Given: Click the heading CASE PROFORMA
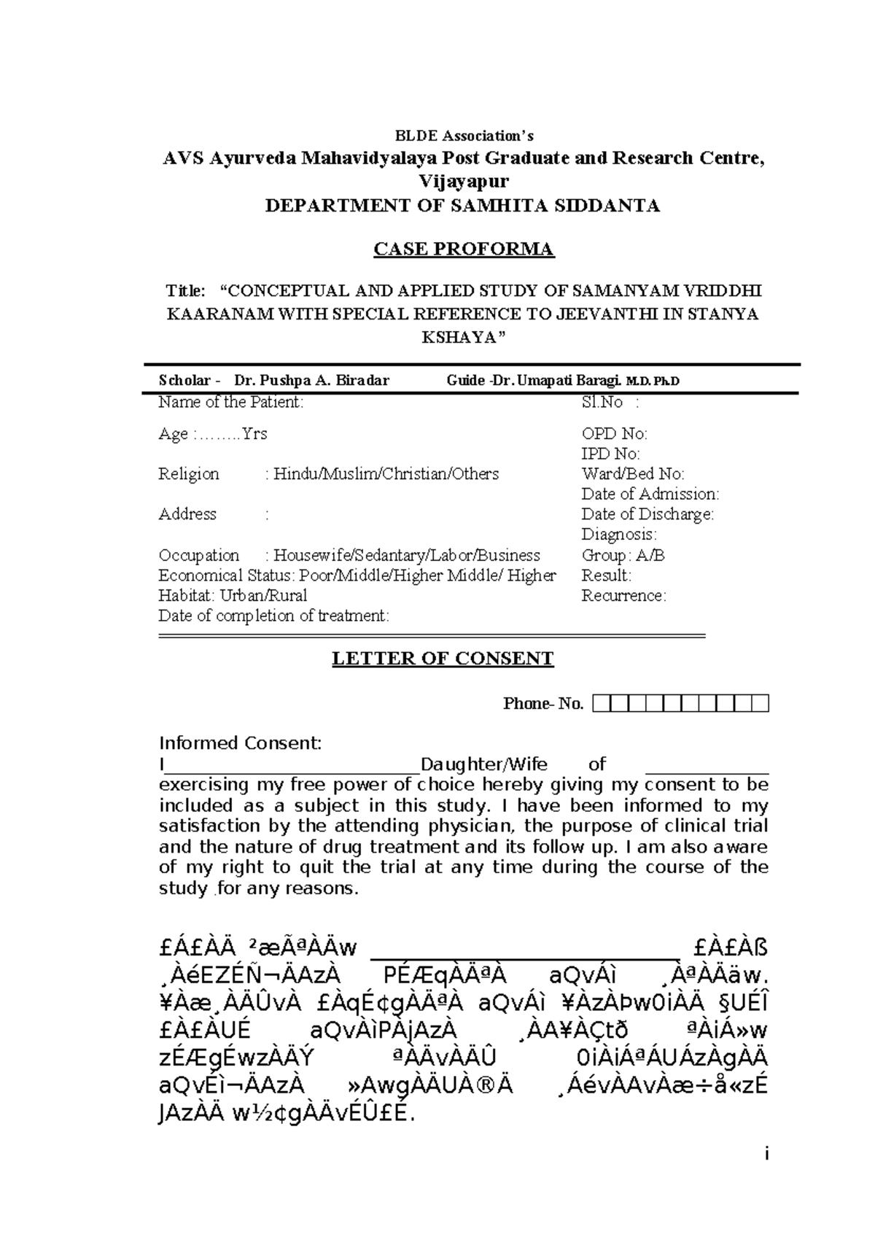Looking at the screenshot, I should [x=464, y=249].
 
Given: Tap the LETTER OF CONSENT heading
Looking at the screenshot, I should [x=443, y=659].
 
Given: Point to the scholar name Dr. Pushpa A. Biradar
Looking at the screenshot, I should [x=311, y=380].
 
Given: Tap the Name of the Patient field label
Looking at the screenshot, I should [x=230, y=402].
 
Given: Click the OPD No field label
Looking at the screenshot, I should [x=614, y=434].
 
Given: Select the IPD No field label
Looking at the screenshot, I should [x=610, y=454].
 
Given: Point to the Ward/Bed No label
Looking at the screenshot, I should [x=632, y=474].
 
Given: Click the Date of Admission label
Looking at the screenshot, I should [x=650, y=495].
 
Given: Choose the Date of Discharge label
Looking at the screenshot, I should [x=647, y=514].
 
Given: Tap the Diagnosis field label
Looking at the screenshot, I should [x=618, y=535].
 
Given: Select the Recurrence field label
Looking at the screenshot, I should [x=623, y=596].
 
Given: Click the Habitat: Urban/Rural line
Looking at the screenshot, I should [x=233, y=596].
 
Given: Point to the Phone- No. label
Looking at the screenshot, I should [x=543, y=704].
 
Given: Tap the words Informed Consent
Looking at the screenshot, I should [x=240, y=743].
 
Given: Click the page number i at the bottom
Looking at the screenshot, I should [x=766, y=1155].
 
